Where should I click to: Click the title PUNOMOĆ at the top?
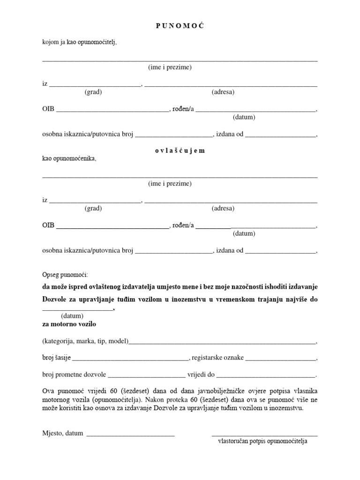point(180,26)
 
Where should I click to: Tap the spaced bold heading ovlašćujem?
point(180,151)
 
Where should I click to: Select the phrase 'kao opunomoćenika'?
point(69,158)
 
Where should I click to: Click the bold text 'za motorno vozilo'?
point(70,324)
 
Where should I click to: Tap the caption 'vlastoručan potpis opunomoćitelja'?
point(262,442)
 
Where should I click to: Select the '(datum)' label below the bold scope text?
point(72,316)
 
